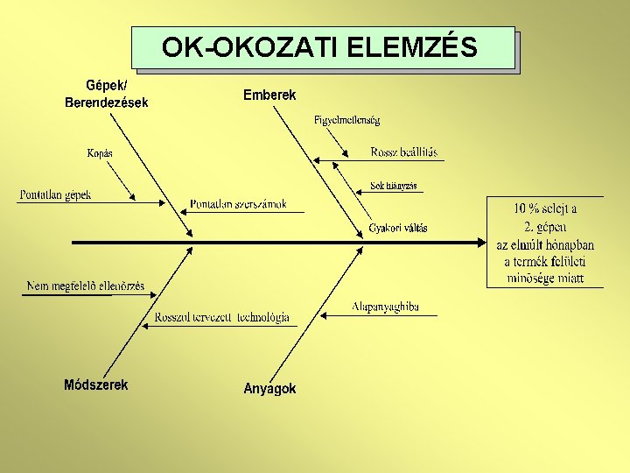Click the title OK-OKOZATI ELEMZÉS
point(320,46)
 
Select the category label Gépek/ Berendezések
point(107,94)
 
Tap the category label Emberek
point(269,95)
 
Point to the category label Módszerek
point(96,385)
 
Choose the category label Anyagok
point(269,388)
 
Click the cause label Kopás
point(100,153)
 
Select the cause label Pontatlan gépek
point(55,194)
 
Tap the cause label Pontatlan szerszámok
point(238,204)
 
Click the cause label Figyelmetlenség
point(346,120)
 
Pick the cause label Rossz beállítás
point(404,152)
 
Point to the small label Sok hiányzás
point(394,186)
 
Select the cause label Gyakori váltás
point(398,228)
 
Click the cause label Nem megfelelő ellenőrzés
point(86,286)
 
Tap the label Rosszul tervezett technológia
point(221,317)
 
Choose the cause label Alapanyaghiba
point(385,307)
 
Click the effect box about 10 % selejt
point(545,243)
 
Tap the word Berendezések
point(107,102)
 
